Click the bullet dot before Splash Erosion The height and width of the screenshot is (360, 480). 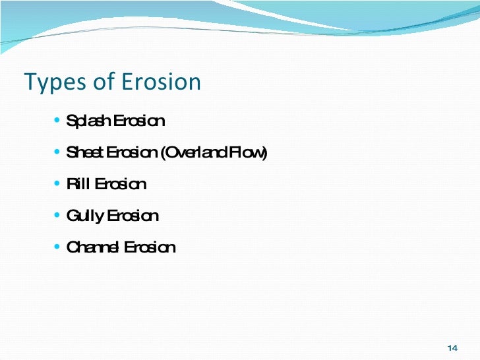tap(58, 121)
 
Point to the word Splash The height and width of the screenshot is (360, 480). tap(89, 122)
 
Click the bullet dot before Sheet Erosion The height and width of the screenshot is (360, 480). tap(58, 153)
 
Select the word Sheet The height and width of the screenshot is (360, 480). tap(86, 153)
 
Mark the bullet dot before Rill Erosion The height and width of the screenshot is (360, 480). tap(58, 184)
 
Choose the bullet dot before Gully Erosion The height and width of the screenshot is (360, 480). tap(58, 216)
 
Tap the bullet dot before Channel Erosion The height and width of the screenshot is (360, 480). tap(58, 247)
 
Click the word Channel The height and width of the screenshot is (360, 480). tap(93, 247)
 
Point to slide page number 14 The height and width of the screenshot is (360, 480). tap(452, 348)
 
